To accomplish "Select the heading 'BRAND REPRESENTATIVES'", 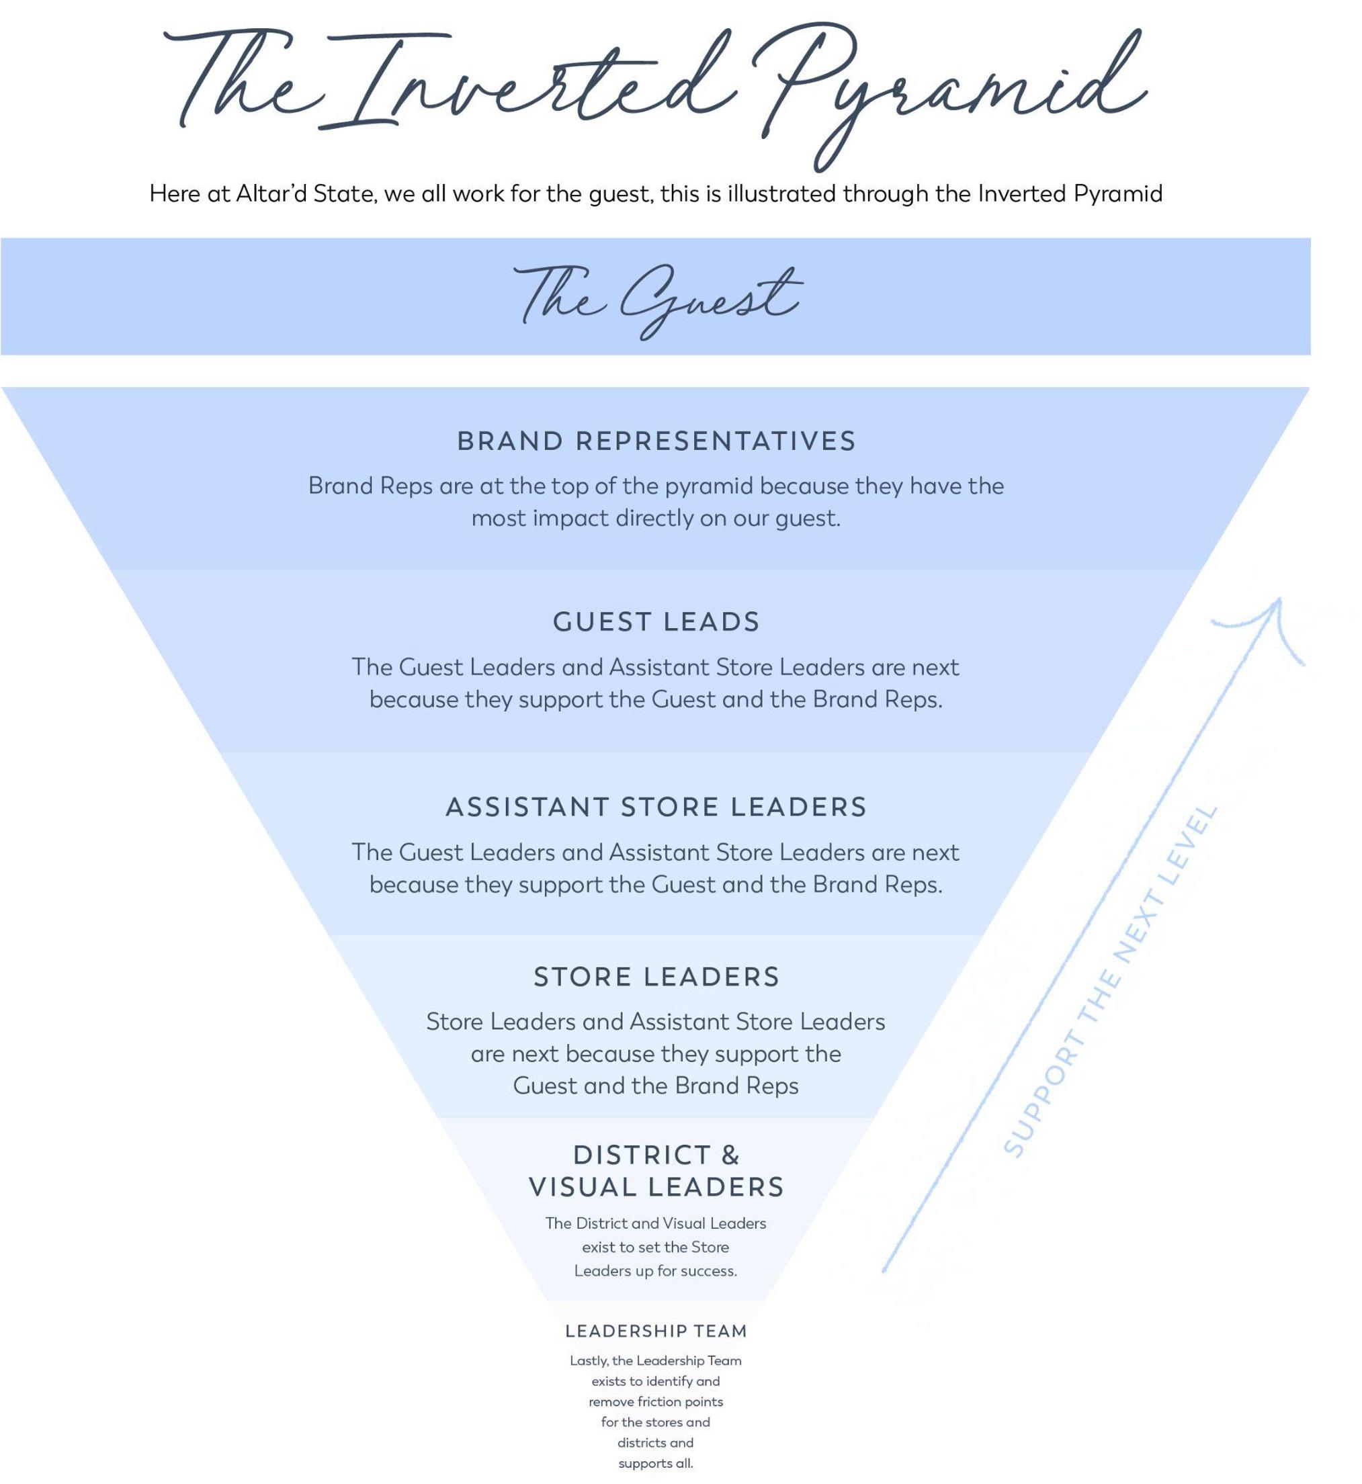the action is pos(656,441).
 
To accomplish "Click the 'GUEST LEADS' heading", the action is pos(656,621).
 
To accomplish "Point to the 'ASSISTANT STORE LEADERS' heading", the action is pos(656,806).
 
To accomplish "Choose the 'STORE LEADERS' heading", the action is pos(656,976).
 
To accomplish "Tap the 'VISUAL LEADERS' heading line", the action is pos(656,1187).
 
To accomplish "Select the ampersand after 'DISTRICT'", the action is pos(730,1154).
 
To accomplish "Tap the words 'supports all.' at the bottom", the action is pos(655,1463).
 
